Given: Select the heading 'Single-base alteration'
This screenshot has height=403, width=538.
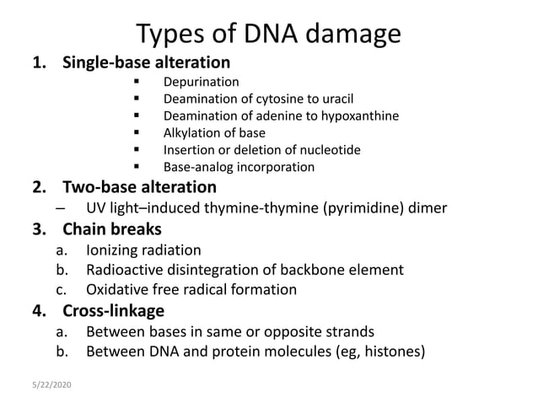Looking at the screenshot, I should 146,62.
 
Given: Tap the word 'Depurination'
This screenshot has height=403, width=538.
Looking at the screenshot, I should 201,82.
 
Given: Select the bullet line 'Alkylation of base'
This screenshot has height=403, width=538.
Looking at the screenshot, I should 214,132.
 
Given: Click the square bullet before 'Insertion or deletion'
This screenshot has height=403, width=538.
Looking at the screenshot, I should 136,150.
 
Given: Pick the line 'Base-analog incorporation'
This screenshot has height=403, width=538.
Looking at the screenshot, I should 239,167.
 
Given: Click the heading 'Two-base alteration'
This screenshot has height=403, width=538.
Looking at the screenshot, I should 139,186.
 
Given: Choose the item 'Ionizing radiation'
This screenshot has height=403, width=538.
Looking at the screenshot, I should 143,250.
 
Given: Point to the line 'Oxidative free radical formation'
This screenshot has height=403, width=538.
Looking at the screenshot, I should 191,290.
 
